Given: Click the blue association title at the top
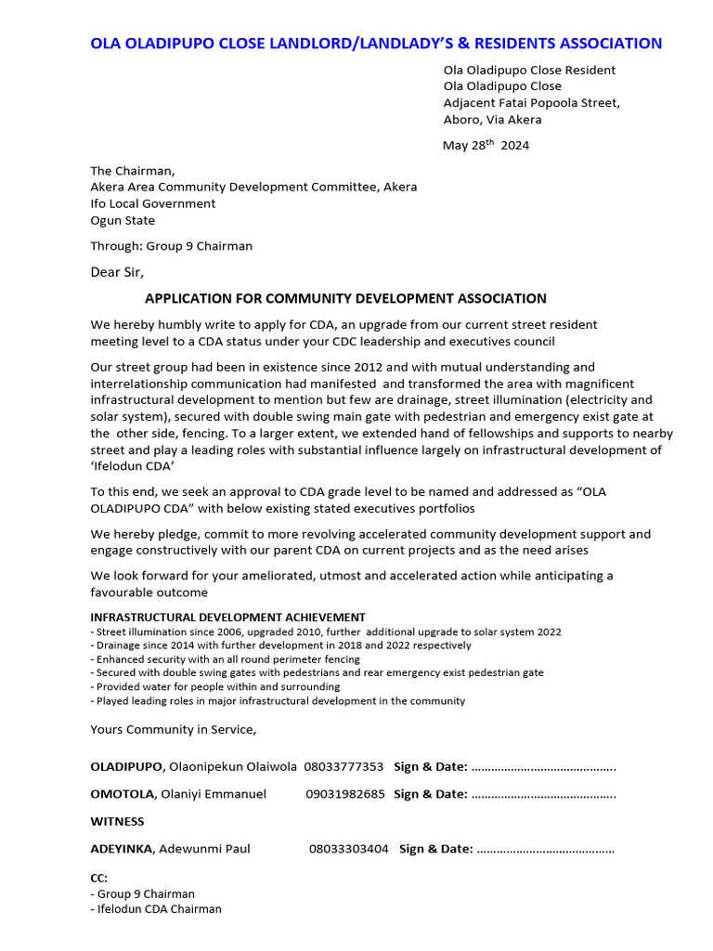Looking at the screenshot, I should pos(375,44).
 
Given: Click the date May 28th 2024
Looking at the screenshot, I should pos(486,145).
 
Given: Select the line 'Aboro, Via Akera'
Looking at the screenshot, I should pos(492,120).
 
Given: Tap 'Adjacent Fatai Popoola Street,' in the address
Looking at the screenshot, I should pos(531,103).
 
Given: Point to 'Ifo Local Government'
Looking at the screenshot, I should pos(152,203).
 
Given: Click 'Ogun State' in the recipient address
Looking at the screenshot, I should pos(123,221).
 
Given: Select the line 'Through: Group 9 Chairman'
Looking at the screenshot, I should pos(171,246).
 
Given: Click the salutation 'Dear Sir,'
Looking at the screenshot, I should pos(117,273).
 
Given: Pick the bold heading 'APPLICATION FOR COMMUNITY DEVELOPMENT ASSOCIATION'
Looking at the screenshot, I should pos(345,298).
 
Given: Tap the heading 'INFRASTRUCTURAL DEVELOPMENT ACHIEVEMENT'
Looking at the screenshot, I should pos(227,618).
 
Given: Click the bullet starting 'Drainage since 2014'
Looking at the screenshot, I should pos(279,645).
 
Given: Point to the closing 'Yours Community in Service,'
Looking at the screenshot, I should pos(173,729).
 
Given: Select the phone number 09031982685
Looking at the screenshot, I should pos(344,794).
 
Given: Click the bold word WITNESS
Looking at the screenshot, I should pos(117,821).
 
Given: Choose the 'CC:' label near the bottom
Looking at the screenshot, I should pos(98,878).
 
